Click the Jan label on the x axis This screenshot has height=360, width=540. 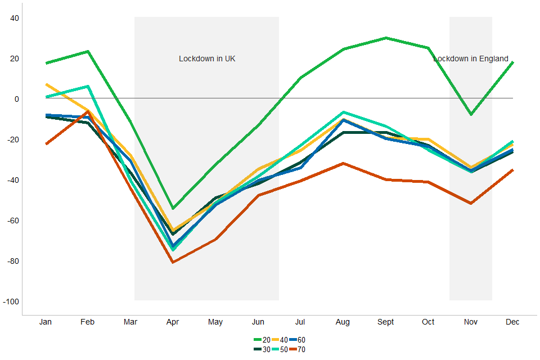pyautogui.click(x=46, y=322)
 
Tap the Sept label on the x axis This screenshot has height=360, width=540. pyautogui.click(x=385, y=322)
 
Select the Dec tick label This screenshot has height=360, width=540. pyautogui.click(x=512, y=322)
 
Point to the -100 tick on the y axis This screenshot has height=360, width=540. pyautogui.click(x=11, y=302)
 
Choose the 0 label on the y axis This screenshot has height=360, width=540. pyautogui.click(x=17, y=99)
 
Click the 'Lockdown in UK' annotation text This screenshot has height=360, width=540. pyautogui.click(x=207, y=58)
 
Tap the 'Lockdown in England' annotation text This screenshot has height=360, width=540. pyautogui.click(x=471, y=58)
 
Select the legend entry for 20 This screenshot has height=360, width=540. pyautogui.click(x=262, y=340)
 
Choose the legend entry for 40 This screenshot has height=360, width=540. pyautogui.click(x=280, y=340)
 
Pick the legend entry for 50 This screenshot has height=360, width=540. pyautogui.click(x=280, y=349)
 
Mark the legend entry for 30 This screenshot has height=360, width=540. pyautogui.click(x=262, y=349)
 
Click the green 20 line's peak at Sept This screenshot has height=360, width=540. pyautogui.click(x=385, y=38)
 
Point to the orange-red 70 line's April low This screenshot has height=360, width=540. pyautogui.click(x=173, y=262)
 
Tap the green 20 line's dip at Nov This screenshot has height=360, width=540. pyautogui.click(x=471, y=115)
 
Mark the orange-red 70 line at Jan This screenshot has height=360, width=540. pyautogui.click(x=46, y=144)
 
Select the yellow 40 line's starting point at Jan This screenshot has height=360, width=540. pyautogui.click(x=46, y=84)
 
